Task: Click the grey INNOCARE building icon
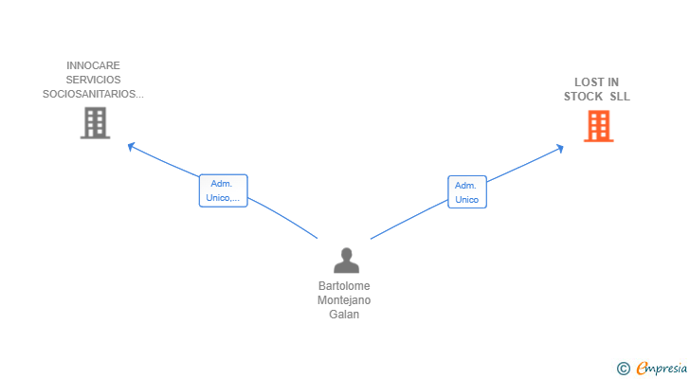coord(95,123)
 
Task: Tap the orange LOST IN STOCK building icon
coord(597,126)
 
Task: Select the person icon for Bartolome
coord(346,261)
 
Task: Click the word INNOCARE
coord(93,66)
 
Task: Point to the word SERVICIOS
coord(93,80)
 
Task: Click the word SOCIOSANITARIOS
coord(90,94)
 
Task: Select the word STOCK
coord(584,97)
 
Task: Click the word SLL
coord(620,97)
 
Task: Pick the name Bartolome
coord(345,286)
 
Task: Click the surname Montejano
coord(345,300)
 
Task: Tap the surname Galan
coord(345,315)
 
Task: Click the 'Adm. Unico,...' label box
coord(223,190)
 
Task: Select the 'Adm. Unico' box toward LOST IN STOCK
coord(466,192)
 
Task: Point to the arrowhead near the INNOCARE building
coord(132,146)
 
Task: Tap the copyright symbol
coord(623,368)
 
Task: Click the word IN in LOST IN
coord(612,82)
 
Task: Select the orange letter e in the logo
coord(642,368)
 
